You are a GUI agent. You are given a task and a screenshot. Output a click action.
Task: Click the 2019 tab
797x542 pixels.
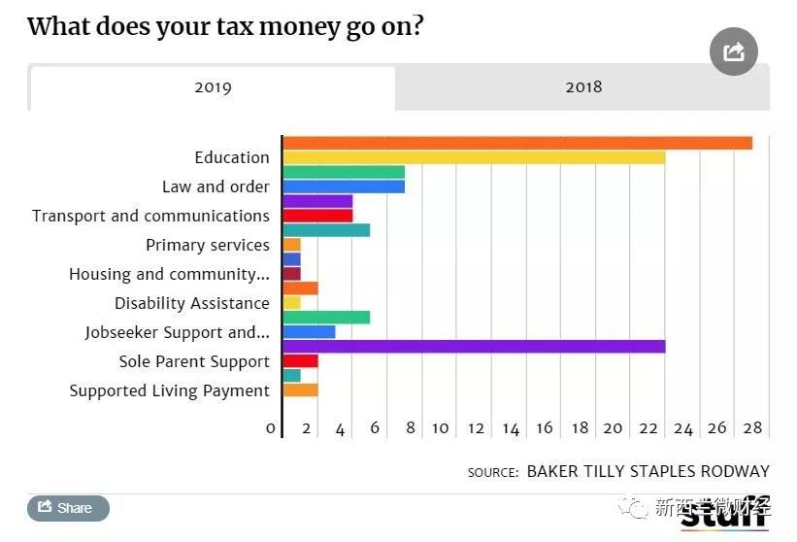tap(213, 87)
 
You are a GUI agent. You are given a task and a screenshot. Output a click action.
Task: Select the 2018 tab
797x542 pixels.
tap(583, 87)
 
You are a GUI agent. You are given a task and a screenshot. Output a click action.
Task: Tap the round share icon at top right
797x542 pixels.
tap(733, 51)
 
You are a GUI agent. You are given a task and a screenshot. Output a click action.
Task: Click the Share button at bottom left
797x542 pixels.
tap(68, 508)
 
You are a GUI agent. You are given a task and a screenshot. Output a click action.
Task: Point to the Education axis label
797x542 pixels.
tap(232, 157)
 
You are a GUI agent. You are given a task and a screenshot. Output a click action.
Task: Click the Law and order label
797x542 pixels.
tap(216, 186)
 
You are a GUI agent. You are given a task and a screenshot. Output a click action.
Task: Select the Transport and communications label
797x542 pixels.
tap(150, 216)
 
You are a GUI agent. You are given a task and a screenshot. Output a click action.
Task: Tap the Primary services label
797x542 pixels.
tap(208, 245)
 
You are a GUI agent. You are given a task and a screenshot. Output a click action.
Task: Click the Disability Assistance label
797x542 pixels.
tap(192, 303)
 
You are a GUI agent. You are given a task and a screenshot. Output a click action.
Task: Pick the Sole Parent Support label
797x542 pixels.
tap(194, 361)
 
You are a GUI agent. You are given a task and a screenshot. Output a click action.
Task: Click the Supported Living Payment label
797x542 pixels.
tap(170, 390)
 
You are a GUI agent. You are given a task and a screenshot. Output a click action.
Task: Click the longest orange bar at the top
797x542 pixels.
tap(517, 143)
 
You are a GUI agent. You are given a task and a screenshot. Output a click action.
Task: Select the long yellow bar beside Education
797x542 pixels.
tap(474, 157)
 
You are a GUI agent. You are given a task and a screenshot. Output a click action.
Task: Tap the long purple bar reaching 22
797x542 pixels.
tap(474, 347)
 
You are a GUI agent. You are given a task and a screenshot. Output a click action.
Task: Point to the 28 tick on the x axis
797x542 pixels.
tap(751, 428)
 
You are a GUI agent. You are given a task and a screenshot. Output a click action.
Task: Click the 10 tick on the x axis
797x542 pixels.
tap(440, 428)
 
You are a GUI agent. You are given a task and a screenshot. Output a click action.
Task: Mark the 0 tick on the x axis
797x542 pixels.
tap(271, 428)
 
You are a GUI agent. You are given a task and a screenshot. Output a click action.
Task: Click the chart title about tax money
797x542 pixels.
tap(225, 26)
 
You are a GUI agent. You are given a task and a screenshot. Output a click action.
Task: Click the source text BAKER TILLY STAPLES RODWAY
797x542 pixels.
tap(648, 471)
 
